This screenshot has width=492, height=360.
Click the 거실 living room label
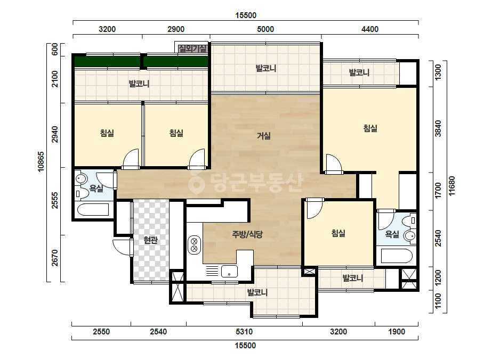tap(263, 136)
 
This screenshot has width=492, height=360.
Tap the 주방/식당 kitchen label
tap(247, 234)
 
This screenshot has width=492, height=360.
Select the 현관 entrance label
tap(150, 240)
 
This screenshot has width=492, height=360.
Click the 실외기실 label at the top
tap(192, 48)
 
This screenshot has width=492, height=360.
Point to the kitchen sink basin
tap(229, 271)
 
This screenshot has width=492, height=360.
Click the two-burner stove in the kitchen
tap(194, 245)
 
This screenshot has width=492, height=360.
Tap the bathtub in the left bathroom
tap(93, 209)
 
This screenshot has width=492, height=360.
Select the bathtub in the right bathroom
tap(396, 256)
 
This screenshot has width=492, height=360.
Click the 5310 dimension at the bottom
tap(244, 332)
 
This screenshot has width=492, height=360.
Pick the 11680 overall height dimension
tap(452, 186)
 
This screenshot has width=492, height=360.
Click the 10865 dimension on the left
tap(41, 161)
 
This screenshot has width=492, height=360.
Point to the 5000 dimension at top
tap(265, 29)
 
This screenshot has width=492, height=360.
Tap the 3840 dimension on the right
tap(438, 128)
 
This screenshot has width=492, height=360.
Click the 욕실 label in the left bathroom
tap(96, 189)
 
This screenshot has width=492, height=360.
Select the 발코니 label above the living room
tap(266, 68)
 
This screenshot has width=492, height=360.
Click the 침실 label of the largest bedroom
tap(370, 128)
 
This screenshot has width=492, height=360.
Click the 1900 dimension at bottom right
tap(397, 332)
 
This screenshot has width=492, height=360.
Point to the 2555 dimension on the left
tap(54, 200)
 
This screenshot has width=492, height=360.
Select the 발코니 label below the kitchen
tap(257, 292)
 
